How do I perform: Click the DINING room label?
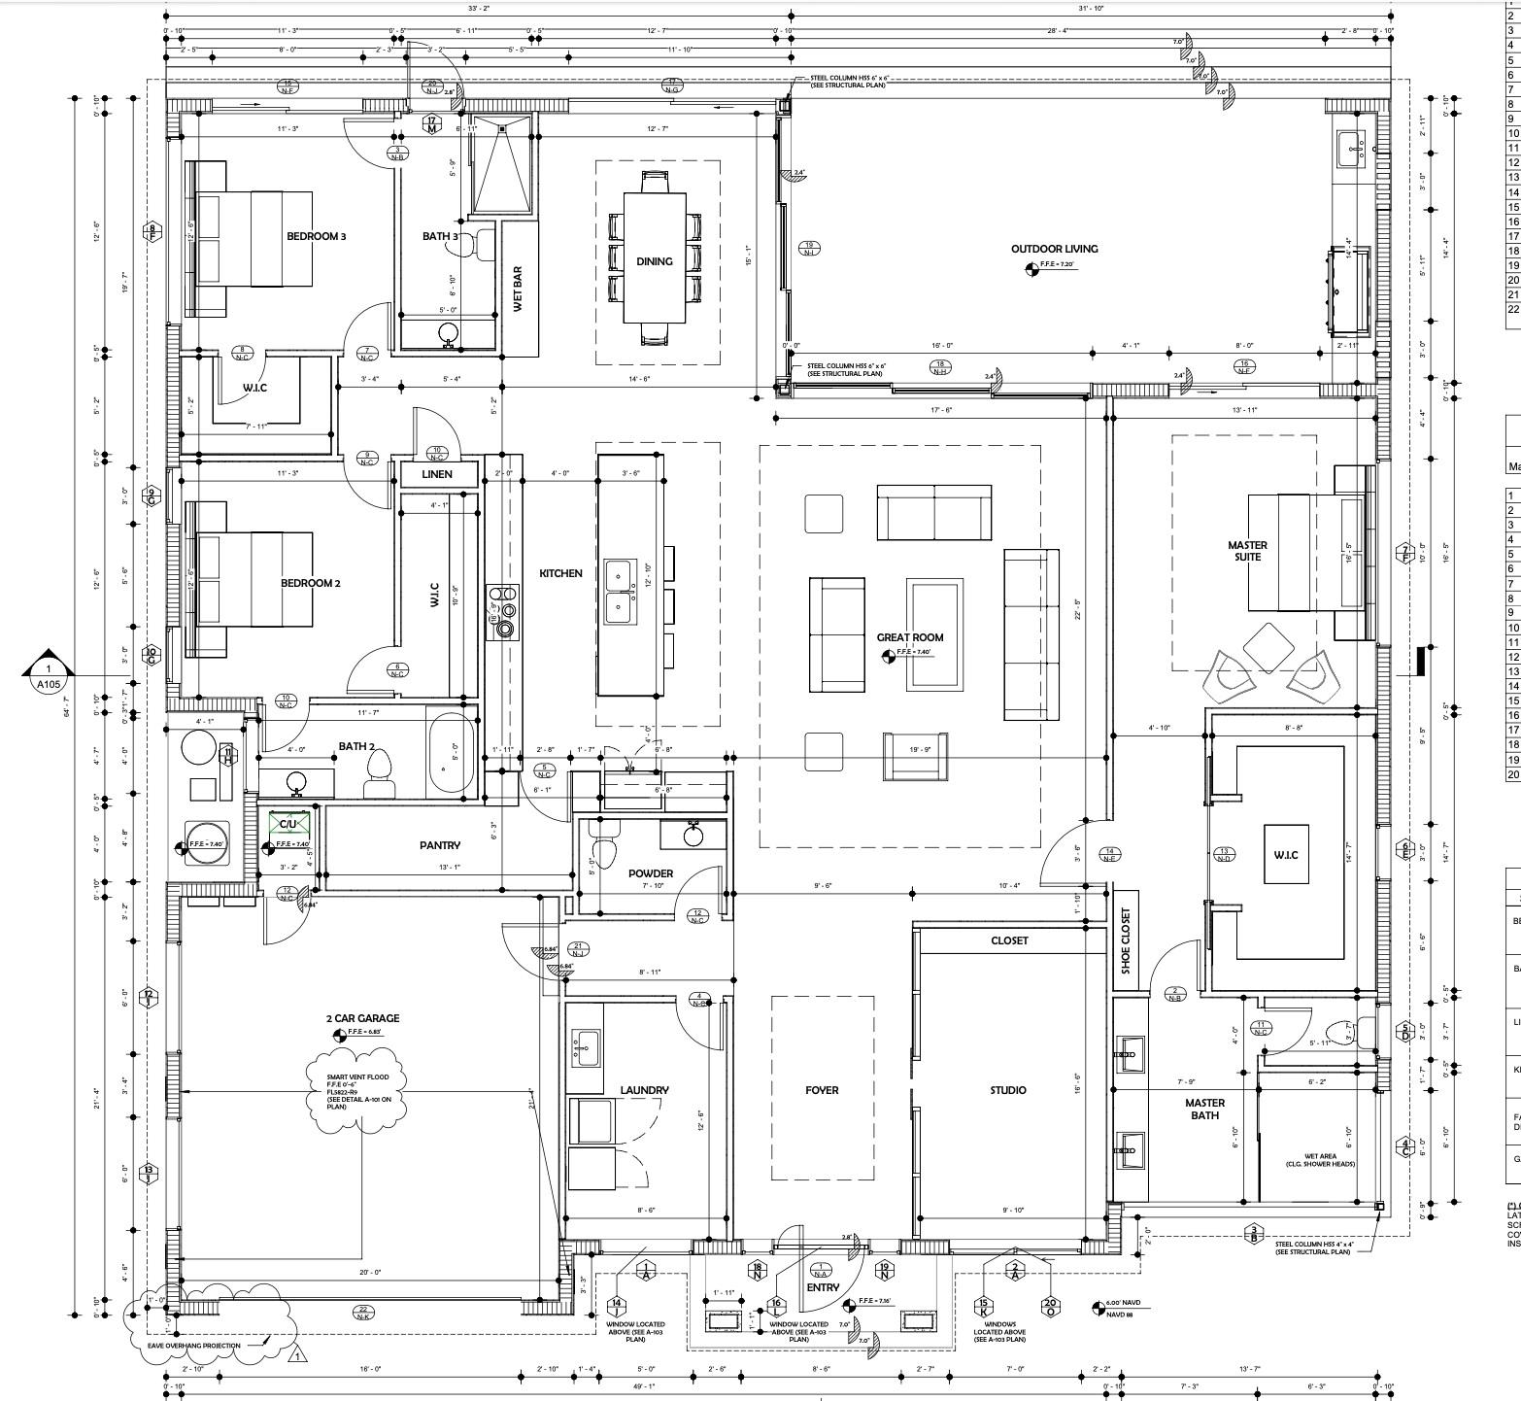(654, 261)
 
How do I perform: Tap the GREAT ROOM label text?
(910, 637)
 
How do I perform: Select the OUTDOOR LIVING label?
(1054, 249)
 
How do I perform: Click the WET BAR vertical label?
(518, 289)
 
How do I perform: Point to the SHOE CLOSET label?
(1126, 940)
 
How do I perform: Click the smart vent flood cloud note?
(355, 1091)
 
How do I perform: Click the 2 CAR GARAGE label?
(362, 1018)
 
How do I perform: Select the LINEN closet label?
(437, 474)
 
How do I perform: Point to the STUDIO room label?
(1007, 1090)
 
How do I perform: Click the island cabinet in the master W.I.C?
(1285, 854)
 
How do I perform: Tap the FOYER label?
(822, 1090)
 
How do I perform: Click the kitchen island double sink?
(618, 592)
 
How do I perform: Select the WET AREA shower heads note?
(1320, 1160)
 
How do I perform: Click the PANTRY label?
(439, 845)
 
